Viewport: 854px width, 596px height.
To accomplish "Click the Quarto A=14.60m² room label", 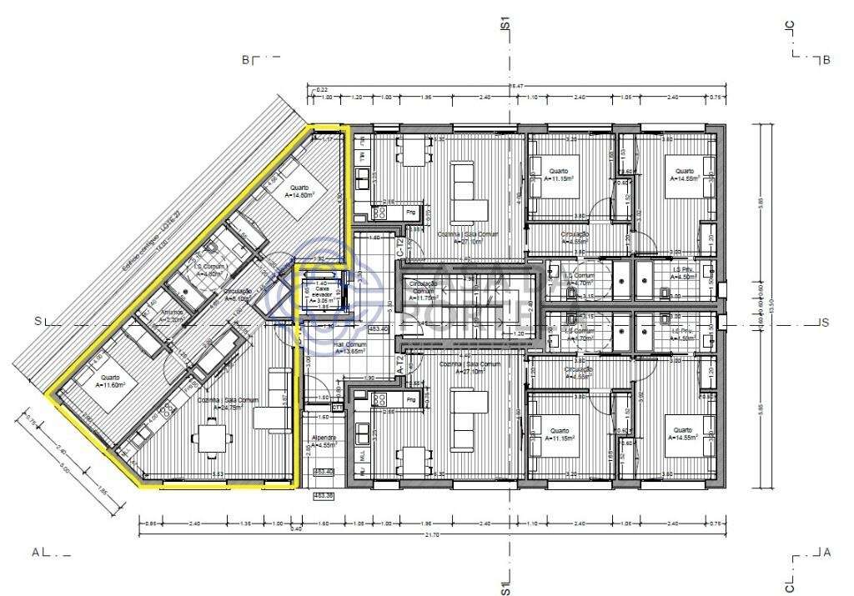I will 298,192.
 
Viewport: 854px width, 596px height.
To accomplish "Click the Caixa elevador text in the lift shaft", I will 323,293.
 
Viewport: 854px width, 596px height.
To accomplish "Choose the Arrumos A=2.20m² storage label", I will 177,318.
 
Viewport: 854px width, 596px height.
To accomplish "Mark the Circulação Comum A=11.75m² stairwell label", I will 420,292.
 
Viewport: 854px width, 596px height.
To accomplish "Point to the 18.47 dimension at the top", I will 515,86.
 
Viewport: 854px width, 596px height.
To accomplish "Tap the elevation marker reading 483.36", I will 324,496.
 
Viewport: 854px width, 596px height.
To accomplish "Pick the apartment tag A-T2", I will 400,364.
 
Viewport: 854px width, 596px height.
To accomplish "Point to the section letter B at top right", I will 826,60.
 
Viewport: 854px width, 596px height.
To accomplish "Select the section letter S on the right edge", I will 824,323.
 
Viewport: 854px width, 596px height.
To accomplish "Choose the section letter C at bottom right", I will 789,578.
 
